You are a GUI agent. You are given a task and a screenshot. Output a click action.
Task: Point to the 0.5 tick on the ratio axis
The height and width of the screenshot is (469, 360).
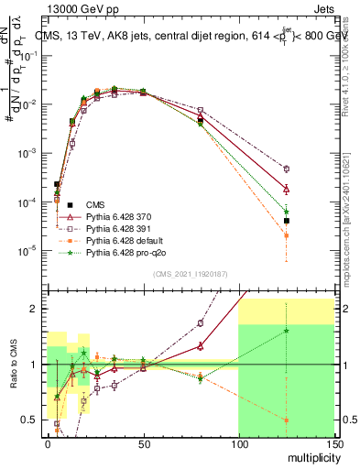click(x=34, y=420)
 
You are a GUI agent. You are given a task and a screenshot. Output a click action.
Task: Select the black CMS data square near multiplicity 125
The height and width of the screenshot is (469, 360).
click(x=287, y=221)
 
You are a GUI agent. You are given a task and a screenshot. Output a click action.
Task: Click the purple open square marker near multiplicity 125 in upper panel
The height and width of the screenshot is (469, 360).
click(x=287, y=169)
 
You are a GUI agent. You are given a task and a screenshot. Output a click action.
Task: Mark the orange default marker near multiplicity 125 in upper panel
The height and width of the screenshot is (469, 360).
click(x=287, y=235)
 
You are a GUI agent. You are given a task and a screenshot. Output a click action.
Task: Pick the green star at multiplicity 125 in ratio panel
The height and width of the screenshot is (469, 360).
click(x=287, y=331)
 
